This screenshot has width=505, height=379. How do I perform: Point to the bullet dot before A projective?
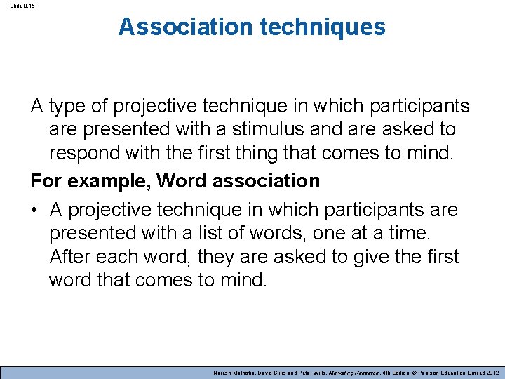tap(35, 210)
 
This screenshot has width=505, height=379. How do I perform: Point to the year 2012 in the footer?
tap(491, 373)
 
